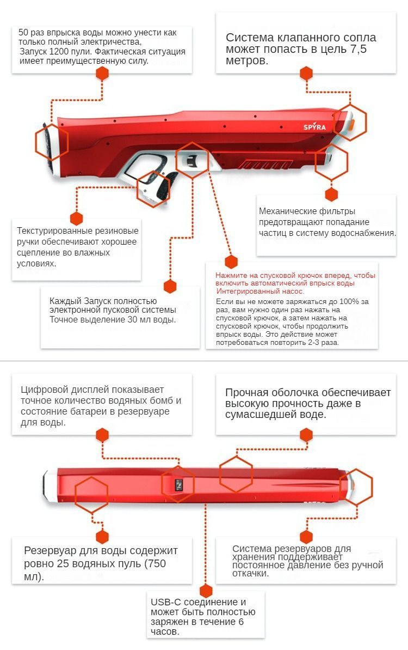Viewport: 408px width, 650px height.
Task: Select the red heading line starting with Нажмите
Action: (x=295, y=276)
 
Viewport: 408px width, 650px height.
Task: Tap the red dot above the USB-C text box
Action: (x=205, y=591)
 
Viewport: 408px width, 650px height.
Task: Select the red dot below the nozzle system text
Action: (x=306, y=73)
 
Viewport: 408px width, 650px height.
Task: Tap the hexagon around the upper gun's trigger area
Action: (x=192, y=160)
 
